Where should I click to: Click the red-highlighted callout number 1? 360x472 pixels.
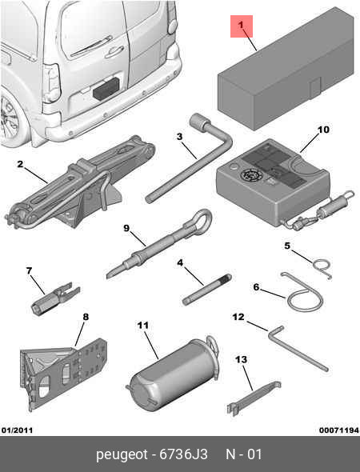point(241,26)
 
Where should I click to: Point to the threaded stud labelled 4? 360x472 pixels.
point(207,290)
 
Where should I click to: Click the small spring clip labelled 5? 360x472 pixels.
point(322,268)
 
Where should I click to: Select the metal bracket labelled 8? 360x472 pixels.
point(63,374)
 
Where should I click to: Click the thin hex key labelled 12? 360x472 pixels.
point(297,348)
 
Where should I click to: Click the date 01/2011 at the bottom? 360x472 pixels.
point(17,430)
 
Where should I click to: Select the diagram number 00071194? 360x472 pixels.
point(339,430)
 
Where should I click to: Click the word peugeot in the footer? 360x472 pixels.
point(122,454)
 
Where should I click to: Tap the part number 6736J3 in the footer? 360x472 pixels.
point(183,454)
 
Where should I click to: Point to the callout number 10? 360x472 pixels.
point(323,130)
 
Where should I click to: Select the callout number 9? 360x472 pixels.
point(126,228)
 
